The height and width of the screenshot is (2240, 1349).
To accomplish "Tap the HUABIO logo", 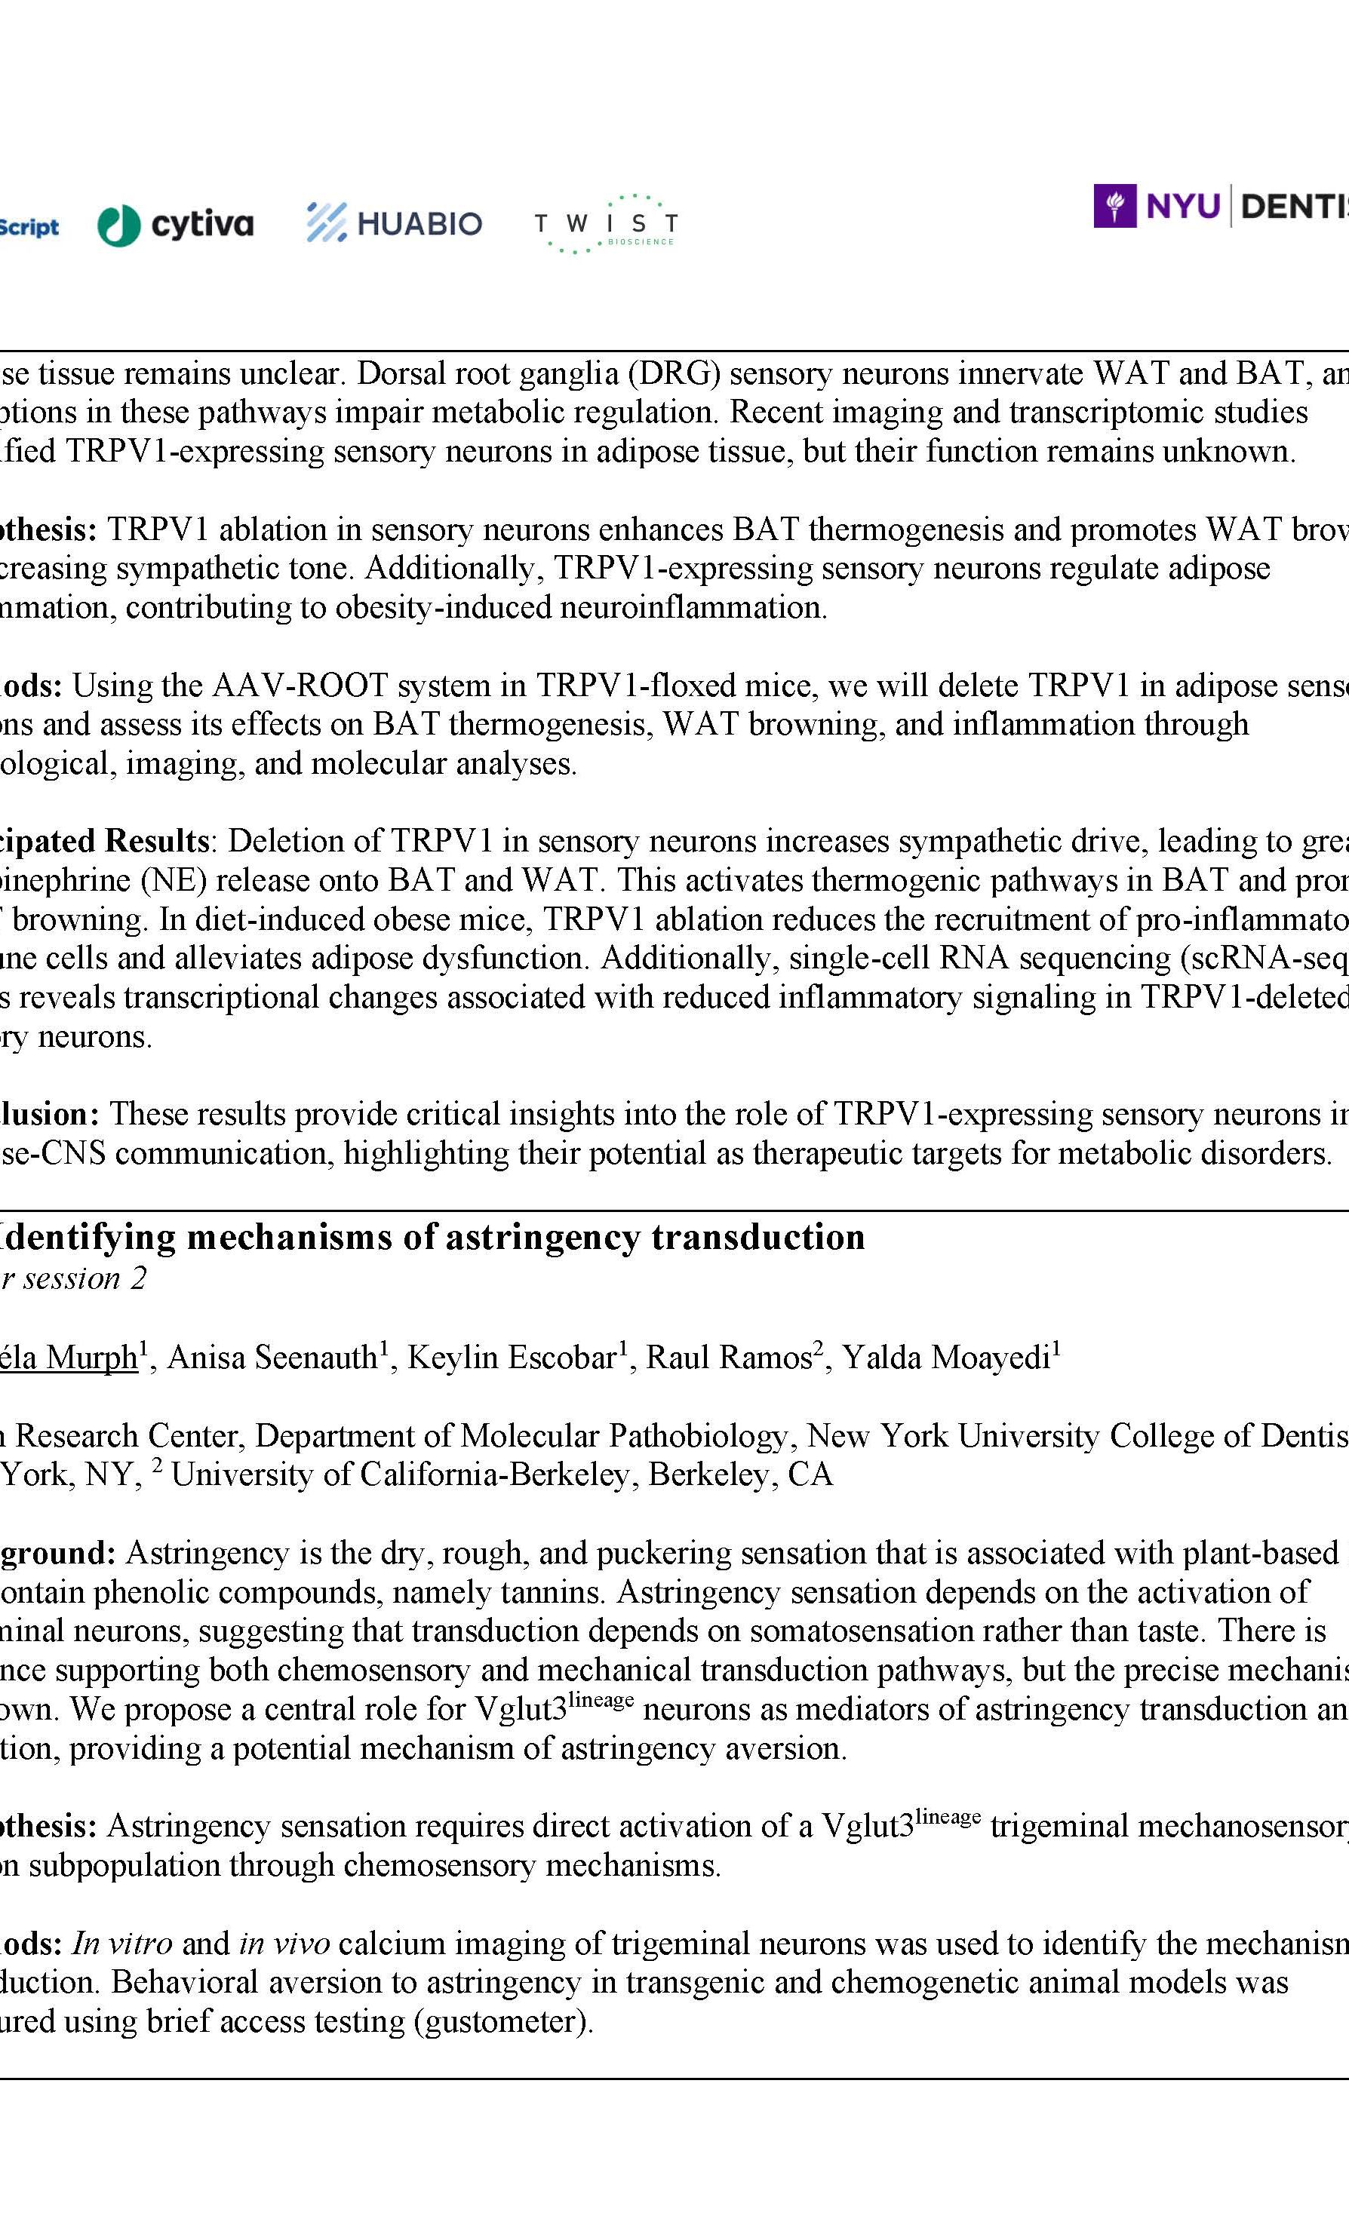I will pos(394,222).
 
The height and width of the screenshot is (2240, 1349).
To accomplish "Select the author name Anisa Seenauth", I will pos(272,1358).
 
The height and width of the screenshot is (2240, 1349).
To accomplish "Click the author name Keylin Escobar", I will pos(512,1358).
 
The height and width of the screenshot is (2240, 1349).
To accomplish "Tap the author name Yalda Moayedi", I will pos(945,1358).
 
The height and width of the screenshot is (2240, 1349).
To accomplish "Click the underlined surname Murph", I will pos(90,1358).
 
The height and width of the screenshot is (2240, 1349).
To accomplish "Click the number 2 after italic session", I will pos(137,1278).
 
